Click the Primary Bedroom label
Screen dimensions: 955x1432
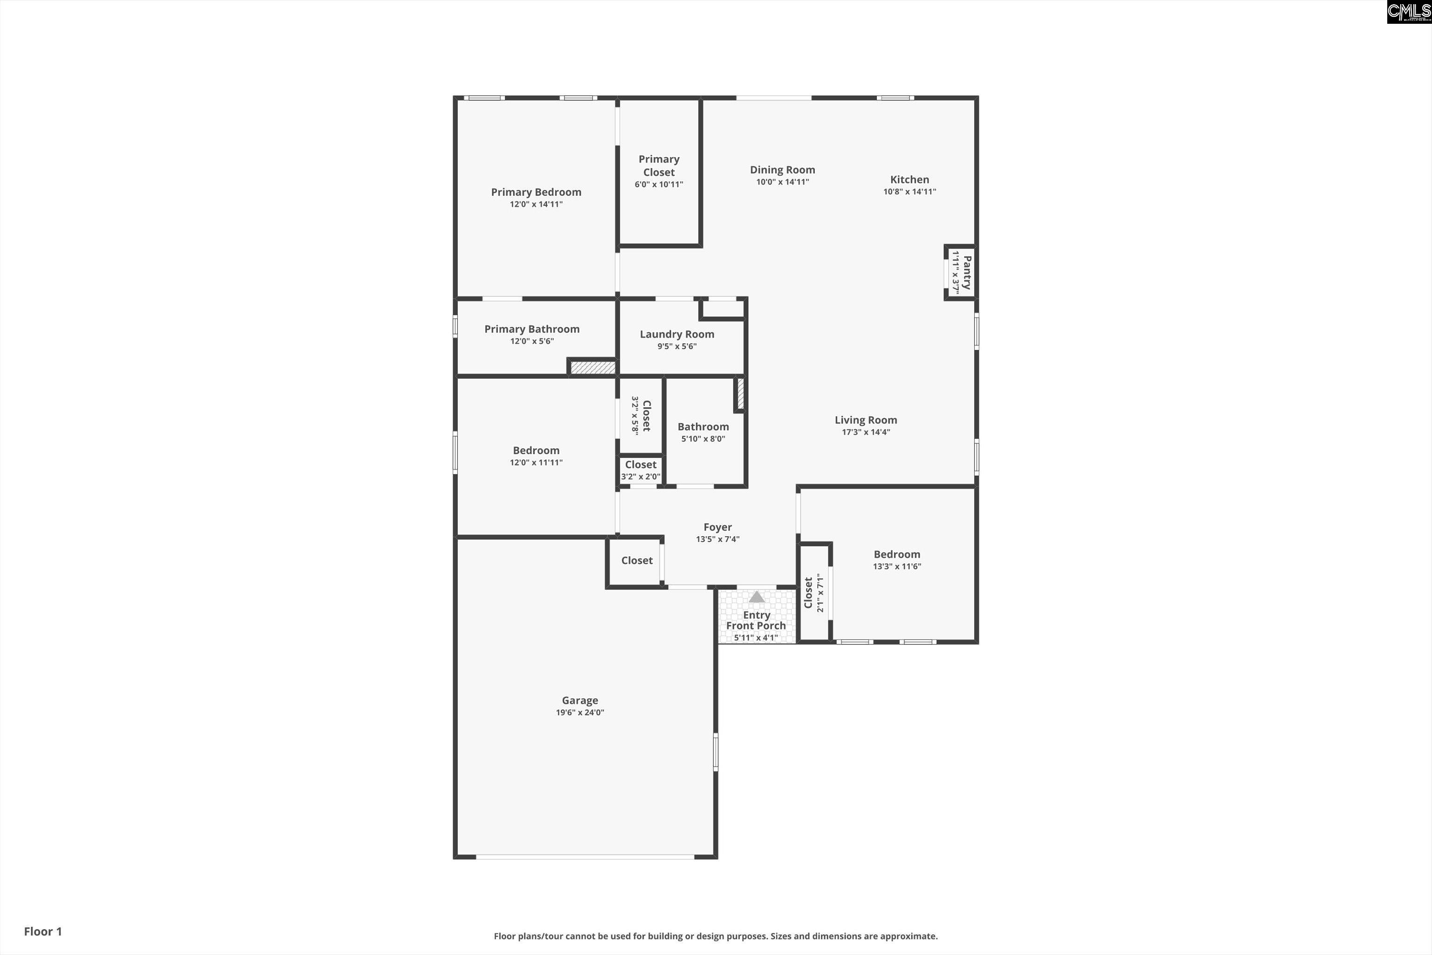536,192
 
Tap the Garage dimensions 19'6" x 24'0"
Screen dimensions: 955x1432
579,713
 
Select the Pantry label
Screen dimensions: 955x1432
967,272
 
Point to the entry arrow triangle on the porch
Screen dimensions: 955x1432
756,597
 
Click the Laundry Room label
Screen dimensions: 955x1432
676,334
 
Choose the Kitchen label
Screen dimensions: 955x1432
909,179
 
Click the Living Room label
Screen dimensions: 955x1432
865,420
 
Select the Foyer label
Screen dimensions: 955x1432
717,527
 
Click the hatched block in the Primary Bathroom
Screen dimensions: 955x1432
592,368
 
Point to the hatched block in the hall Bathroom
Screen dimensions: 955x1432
740,394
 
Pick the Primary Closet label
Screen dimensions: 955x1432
659,166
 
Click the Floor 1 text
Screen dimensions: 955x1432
42,931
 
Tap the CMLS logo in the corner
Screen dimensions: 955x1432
1408,12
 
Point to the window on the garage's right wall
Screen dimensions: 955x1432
716,752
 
